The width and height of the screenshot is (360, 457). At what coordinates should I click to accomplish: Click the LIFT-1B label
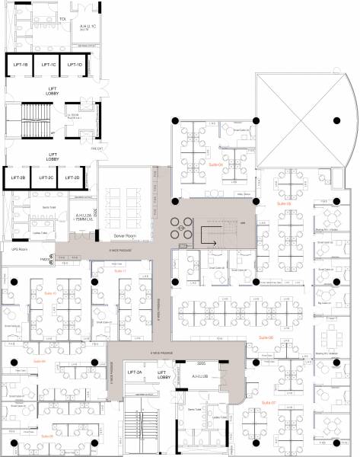[x=21, y=66]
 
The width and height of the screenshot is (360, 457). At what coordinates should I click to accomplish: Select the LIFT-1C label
[x=49, y=66]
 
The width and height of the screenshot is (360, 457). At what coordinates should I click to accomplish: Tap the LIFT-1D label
[x=75, y=66]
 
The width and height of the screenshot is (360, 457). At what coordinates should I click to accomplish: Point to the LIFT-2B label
[x=19, y=177]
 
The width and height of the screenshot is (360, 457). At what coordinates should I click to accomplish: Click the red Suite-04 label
[x=215, y=163]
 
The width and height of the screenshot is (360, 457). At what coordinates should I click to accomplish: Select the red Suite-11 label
[x=119, y=270]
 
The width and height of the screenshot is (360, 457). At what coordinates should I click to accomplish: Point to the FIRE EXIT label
[x=97, y=149]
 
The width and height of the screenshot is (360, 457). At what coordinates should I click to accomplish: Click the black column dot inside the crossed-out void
[x=336, y=119]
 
